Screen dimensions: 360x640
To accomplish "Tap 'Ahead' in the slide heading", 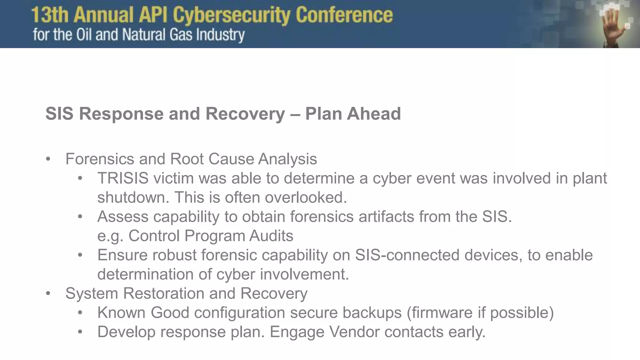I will (x=374, y=113).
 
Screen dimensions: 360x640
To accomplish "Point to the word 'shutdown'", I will (x=133, y=197).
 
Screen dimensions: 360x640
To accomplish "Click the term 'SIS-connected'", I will (x=407, y=255).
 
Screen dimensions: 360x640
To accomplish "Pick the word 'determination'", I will (x=145, y=274).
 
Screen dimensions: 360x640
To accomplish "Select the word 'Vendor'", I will (x=354, y=332).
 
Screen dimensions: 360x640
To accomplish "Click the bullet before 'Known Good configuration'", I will (x=80, y=313).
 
